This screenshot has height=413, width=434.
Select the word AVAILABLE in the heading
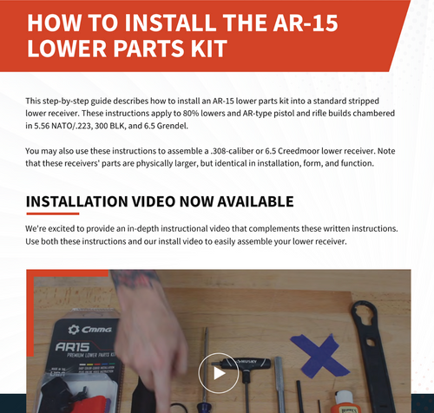(255, 202)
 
